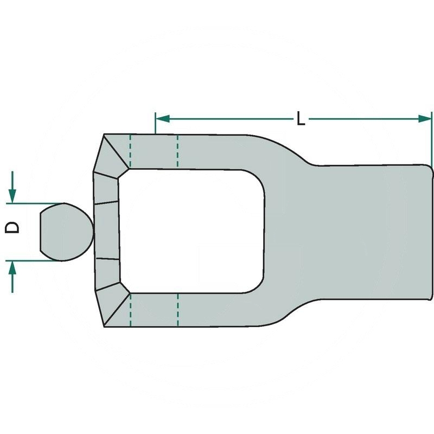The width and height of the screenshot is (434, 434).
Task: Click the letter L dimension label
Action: (301, 119)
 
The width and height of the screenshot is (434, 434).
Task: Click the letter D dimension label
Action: (12, 227)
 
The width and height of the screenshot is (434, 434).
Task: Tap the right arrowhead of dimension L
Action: (425, 119)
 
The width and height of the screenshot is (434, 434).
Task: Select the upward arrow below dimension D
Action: (12, 277)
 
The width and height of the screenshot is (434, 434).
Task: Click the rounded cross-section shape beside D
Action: (66, 232)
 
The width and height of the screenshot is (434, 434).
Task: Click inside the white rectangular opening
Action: (192, 231)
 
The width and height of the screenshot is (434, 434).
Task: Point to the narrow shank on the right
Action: (374, 232)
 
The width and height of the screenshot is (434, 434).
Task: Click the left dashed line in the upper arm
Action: (130, 151)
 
